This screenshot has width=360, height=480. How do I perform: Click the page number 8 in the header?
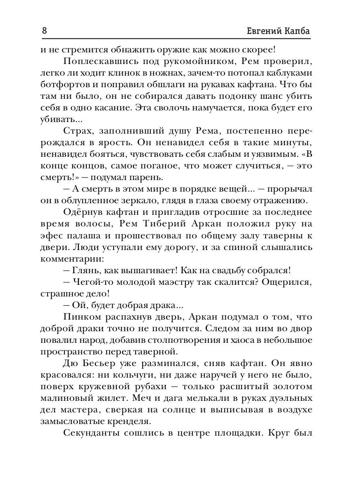pos(44,31)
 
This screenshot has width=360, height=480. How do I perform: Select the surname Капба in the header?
pos(297,31)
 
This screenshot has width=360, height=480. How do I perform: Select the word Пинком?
pos(82,318)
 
